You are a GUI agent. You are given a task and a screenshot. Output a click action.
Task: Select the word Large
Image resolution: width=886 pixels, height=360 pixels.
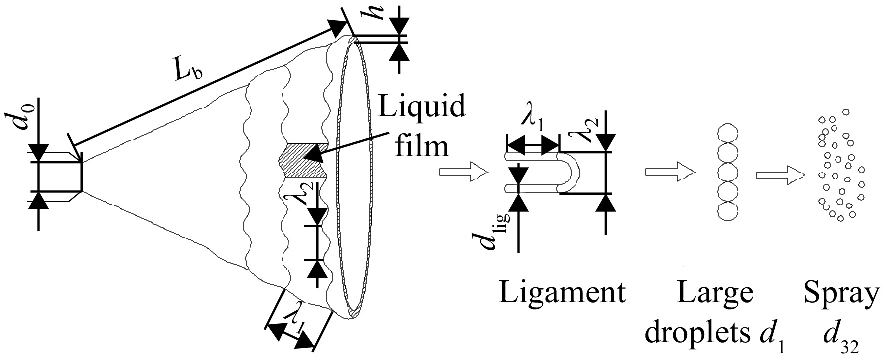pyautogui.click(x=715, y=293)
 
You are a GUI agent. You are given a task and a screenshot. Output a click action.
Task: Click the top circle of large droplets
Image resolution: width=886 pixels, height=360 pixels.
pyautogui.click(x=727, y=134)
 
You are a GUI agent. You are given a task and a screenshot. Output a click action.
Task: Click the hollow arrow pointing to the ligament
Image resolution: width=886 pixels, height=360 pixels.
pyautogui.click(x=463, y=172)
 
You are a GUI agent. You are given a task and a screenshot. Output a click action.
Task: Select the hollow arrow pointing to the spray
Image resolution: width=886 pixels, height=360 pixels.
pyautogui.click(x=780, y=175)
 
